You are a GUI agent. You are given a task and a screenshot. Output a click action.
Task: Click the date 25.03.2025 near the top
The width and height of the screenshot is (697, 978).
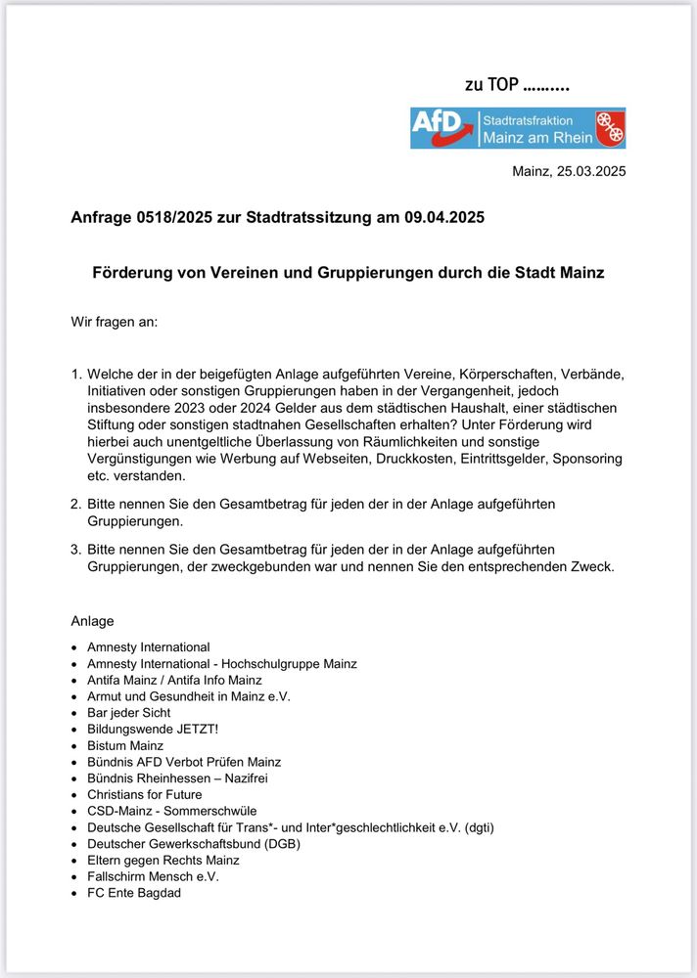coord(589,172)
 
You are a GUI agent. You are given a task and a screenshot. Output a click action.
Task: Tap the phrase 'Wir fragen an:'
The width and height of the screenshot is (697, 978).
coord(114,321)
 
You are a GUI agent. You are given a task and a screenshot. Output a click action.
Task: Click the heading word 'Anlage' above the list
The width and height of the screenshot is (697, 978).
coord(92,621)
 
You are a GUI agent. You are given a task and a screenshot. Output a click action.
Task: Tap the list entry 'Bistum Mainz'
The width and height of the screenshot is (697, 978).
coord(125,745)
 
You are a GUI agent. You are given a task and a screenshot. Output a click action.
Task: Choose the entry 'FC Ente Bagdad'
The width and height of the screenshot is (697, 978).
coord(134,892)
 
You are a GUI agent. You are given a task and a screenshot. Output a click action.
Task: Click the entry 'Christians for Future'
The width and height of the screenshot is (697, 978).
coord(145,794)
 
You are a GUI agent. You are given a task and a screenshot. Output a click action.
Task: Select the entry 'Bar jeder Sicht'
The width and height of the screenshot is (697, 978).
coord(128,712)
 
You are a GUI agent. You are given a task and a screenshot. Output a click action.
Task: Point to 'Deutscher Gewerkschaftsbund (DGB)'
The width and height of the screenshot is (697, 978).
coord(194,843)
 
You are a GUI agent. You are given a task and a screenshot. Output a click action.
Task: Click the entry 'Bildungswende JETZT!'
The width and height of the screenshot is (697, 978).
coord(153,729)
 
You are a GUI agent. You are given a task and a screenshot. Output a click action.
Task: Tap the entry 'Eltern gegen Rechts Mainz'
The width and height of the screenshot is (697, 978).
coord(163,860)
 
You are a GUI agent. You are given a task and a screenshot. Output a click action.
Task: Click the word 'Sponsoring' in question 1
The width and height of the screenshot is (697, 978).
coord(586,459)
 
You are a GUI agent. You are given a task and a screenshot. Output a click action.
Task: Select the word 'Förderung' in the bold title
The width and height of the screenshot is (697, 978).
coord(134,273)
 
